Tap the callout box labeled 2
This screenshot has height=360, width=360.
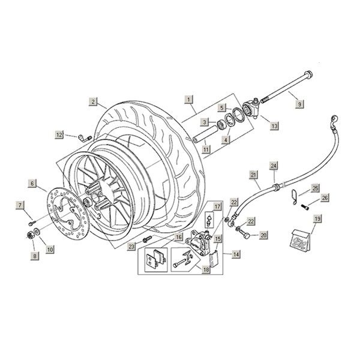tap(93, 101)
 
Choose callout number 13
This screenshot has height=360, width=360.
tap(275, 126)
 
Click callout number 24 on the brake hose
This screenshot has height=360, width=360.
tap(274, 164)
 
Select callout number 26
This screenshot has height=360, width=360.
tap(324, 197)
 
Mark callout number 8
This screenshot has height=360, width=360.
tap(35, 256)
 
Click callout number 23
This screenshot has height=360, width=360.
tap(131, 246)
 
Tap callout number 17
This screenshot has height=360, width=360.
tap(218, 206)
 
